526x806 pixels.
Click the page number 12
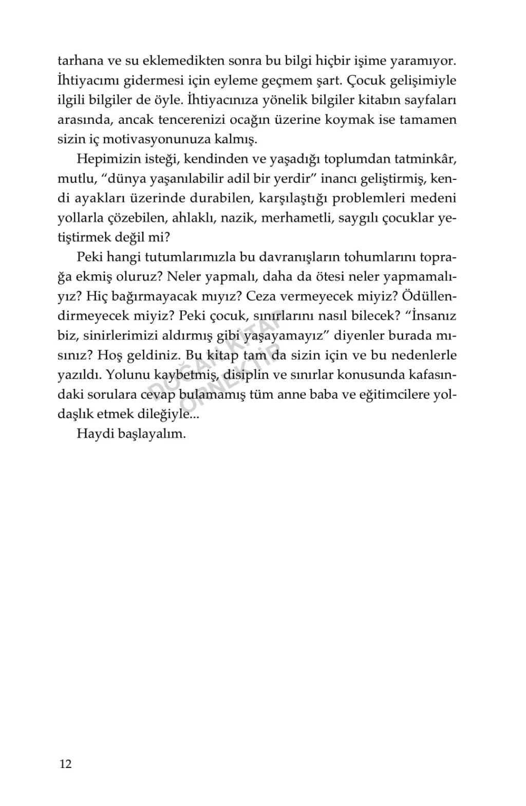pyautogui.click(x=66, y=764)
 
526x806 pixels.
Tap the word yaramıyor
pyautogui.click(x=422, y=61)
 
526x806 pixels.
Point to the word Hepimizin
pyautogui.click(x=106, y=159)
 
